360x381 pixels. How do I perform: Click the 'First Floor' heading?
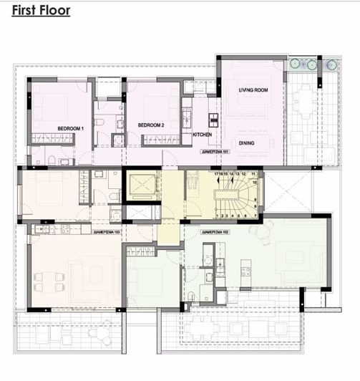point(41,11)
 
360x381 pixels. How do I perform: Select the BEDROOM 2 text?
point(152,125)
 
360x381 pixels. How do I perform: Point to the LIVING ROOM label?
point(253,90)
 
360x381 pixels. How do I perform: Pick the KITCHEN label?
point(203,135)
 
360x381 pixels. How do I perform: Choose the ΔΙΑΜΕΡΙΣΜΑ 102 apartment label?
point(215,233)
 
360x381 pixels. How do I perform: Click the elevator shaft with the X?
point(142,186)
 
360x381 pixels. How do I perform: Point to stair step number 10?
point(254,182)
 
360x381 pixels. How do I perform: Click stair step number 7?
point(255,216)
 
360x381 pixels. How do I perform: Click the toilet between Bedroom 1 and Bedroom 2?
point(100,122)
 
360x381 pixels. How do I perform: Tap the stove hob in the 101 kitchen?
point(187,115)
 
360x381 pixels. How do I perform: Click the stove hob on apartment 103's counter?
point(66,229)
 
